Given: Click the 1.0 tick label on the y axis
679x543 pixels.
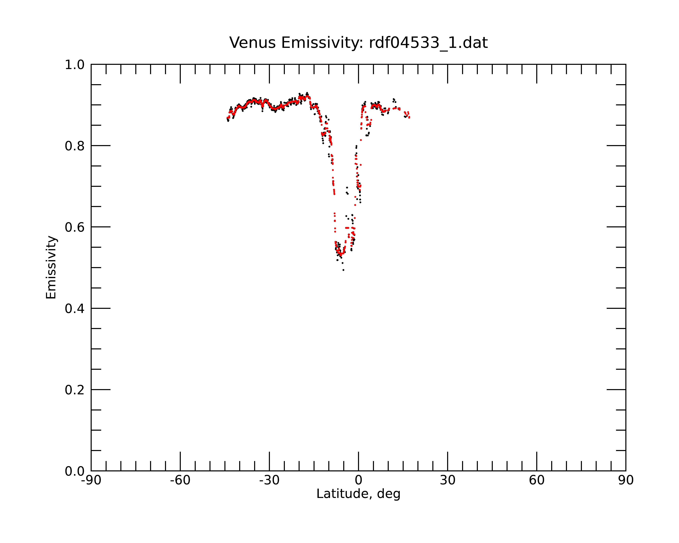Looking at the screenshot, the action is point(75,65).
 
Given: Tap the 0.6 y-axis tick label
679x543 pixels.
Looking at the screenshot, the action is point(75,227).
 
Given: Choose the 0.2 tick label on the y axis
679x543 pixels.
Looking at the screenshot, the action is point(75,390).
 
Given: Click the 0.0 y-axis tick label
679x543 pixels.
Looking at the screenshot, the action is point(75,471).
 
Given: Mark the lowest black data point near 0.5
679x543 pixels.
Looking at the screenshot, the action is point(343,270).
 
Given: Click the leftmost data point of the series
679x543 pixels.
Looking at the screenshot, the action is point(227,118).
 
